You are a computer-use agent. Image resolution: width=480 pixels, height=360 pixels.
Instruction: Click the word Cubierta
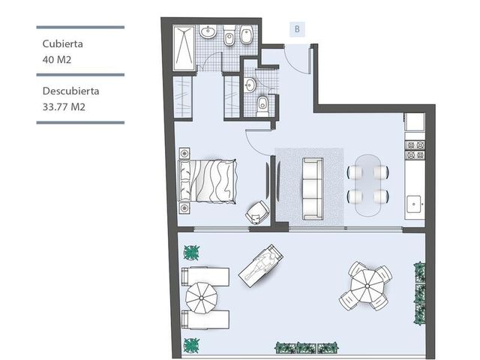(x=62, y=43)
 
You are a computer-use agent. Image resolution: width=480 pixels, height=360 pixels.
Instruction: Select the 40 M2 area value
(x=57, y=59)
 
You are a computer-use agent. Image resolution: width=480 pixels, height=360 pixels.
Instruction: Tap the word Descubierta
(x=70, y=91)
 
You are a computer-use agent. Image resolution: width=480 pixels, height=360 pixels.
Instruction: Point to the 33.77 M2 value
(x=64, y=106)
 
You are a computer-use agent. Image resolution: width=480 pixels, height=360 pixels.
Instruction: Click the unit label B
(x=297, y=29)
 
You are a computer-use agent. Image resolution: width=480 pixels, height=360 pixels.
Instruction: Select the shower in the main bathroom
(x=184, y=48)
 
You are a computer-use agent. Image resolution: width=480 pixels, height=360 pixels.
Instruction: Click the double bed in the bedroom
(x=208, y=181)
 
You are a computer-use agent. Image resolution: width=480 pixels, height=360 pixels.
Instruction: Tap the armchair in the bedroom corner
(x=257, y=212)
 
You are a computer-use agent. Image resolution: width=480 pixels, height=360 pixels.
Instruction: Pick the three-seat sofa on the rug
(x=313, y=188)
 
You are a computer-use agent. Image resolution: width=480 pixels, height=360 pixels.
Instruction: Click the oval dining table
(x=368, y=185)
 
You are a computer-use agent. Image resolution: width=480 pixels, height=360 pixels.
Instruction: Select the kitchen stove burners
(x=415, y=150)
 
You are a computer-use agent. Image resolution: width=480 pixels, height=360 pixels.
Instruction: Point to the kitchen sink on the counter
(x=415, y=204)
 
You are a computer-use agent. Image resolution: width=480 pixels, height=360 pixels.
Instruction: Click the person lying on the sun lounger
(x=260, y=265)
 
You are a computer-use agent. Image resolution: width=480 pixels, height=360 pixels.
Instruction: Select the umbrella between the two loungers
(x=202, y=298)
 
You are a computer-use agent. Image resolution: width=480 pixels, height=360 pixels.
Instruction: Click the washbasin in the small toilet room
(x=250, y=85)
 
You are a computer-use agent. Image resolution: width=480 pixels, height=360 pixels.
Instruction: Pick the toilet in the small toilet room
(x=262, y=106)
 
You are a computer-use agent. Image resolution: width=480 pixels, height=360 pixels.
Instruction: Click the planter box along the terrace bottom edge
(x=307, y=348)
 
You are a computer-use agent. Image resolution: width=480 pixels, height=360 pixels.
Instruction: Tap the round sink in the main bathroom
(x=208, y=31)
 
